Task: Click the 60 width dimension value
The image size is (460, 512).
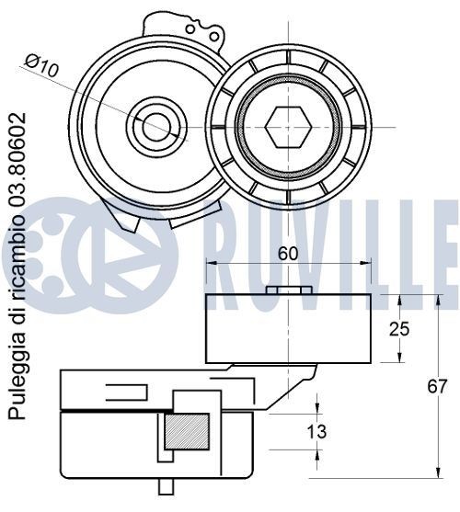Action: pyautogui.click(x=288, y=253)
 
